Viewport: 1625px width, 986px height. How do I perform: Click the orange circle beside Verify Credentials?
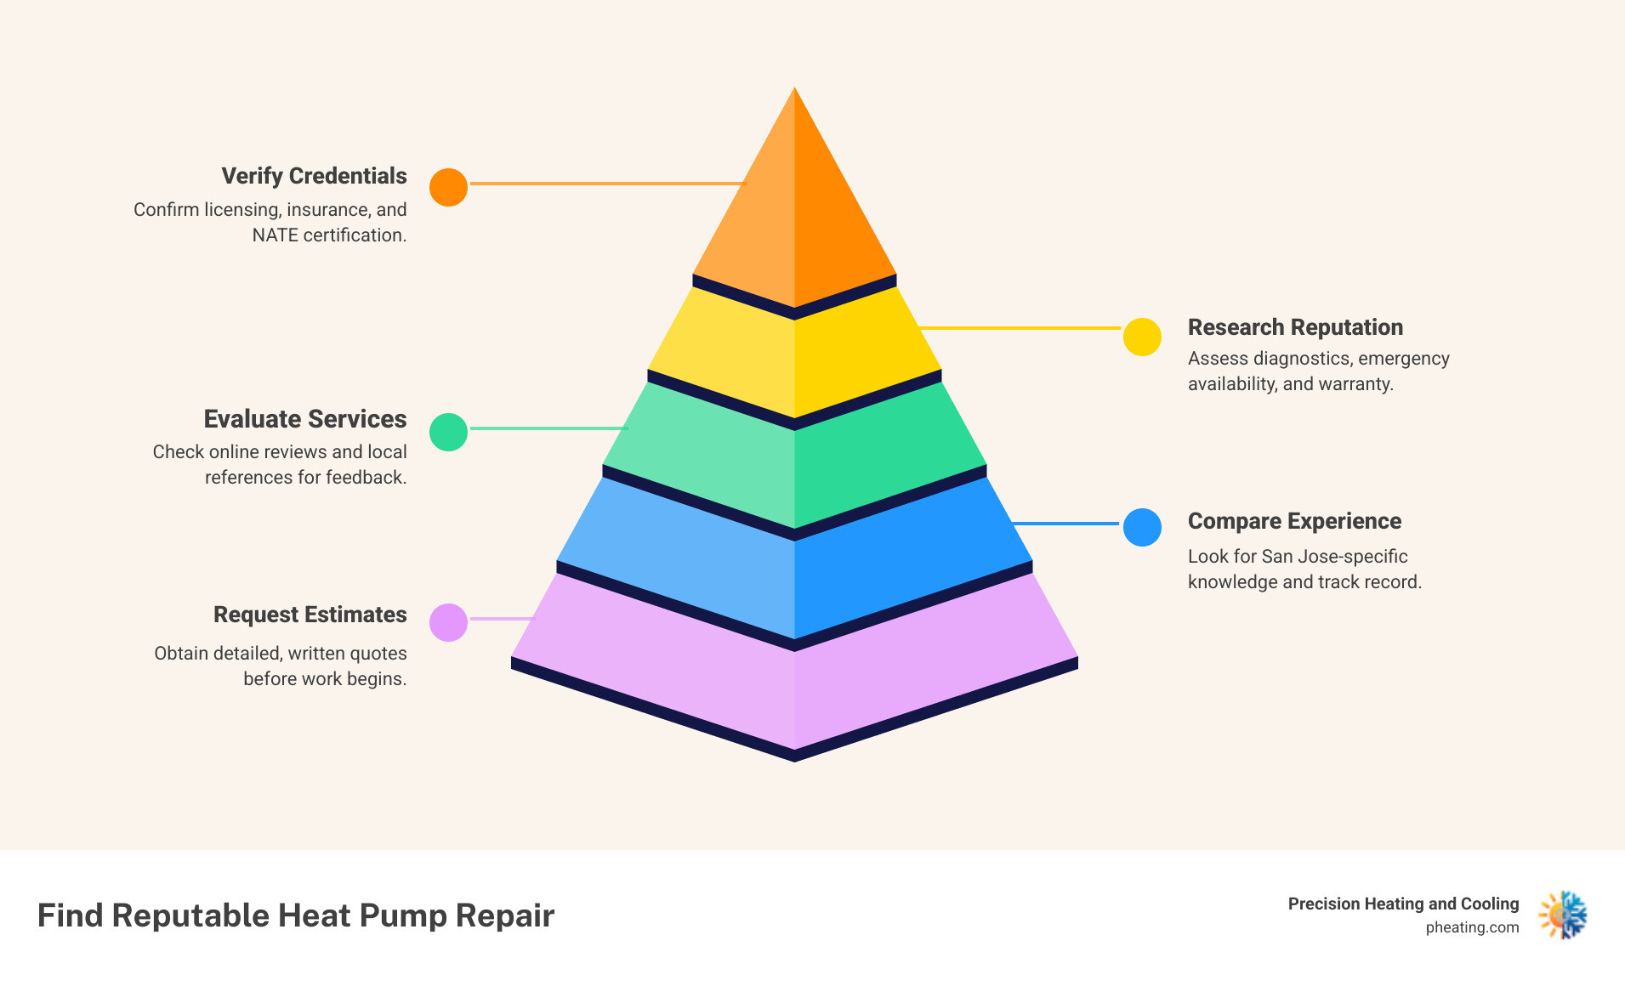coord(448,187)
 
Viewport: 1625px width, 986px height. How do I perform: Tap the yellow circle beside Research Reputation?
coord(1142,337)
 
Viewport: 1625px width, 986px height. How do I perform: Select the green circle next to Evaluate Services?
coord(448,432)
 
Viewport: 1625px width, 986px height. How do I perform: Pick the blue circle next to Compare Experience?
coord(1142,527)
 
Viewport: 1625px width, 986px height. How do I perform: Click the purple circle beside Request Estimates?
coord(448,622)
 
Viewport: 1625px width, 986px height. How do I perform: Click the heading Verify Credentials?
coord(314,176)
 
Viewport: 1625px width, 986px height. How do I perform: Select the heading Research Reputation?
coord(1294,327)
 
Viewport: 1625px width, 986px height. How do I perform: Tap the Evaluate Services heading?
coord(304,419)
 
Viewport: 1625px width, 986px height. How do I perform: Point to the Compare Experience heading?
coord(1293,521)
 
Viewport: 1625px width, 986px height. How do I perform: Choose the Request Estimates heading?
coord(310,615)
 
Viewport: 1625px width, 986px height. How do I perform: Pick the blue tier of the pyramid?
coord(794,569)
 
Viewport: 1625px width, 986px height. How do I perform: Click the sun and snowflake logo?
coord(1563,915)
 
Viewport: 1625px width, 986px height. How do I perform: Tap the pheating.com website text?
coord(1472,927)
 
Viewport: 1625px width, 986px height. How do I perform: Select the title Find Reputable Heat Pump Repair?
coord(296,915)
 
